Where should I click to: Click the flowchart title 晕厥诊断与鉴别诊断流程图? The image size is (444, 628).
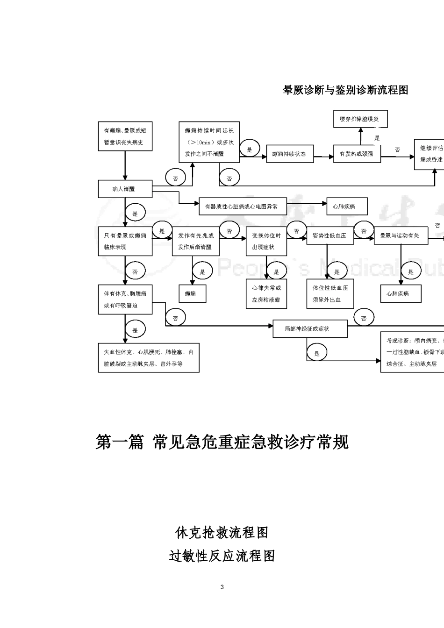point(345,90)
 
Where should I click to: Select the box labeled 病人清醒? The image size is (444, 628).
point(125,189)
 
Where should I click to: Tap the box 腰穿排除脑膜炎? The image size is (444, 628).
point(360,119)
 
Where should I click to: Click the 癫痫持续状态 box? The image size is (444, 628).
point(289,154)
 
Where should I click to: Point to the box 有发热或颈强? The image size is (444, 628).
point(357,154)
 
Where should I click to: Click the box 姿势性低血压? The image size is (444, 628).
point(330,235)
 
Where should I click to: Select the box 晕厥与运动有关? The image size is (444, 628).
point(400,235)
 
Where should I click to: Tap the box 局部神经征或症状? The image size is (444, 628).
point(309,329)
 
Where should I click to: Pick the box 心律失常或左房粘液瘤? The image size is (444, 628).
point(266,293)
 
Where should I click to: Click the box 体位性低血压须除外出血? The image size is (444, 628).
point(330,293)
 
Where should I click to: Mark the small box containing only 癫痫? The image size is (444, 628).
point(192,294)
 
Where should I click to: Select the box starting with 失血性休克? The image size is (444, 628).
point(149,358)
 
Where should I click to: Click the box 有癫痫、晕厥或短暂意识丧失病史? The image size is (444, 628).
point(125,136)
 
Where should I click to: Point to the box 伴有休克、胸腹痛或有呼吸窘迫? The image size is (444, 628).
point(125,300)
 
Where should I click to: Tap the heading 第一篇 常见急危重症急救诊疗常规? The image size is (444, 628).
point(222,442)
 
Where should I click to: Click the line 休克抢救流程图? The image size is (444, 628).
point(222,532)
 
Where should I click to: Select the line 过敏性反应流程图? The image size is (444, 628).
point(222,556)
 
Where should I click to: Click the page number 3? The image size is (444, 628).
point(222,587)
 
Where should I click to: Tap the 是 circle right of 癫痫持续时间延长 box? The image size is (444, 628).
point(249,150)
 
